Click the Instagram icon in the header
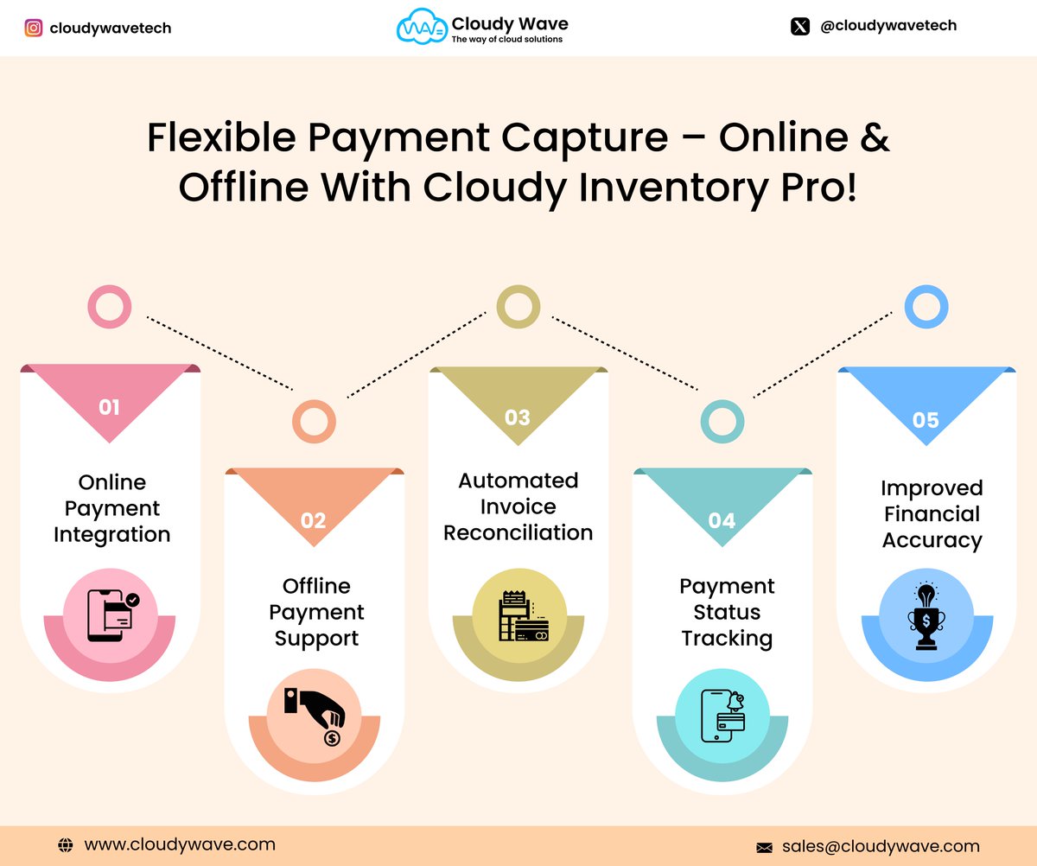(x=33, y=28)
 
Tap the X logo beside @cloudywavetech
(x=799, y=26)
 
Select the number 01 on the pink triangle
(x=109, y=406)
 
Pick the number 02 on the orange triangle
(x=313, y=519)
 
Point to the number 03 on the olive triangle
(x=517, y=417)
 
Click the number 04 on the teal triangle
(x=722, y=520)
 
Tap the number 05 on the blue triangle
(x=926, y=420)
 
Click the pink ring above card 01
(x=110, y=307)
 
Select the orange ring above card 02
(x=314, y=421)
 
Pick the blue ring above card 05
(x=926, y=307)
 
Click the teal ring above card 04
(x=722, y=421)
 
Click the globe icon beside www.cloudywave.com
(x=66, y=845)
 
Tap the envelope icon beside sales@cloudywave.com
(x=764, y=847)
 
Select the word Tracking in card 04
(x=727, y=638)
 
